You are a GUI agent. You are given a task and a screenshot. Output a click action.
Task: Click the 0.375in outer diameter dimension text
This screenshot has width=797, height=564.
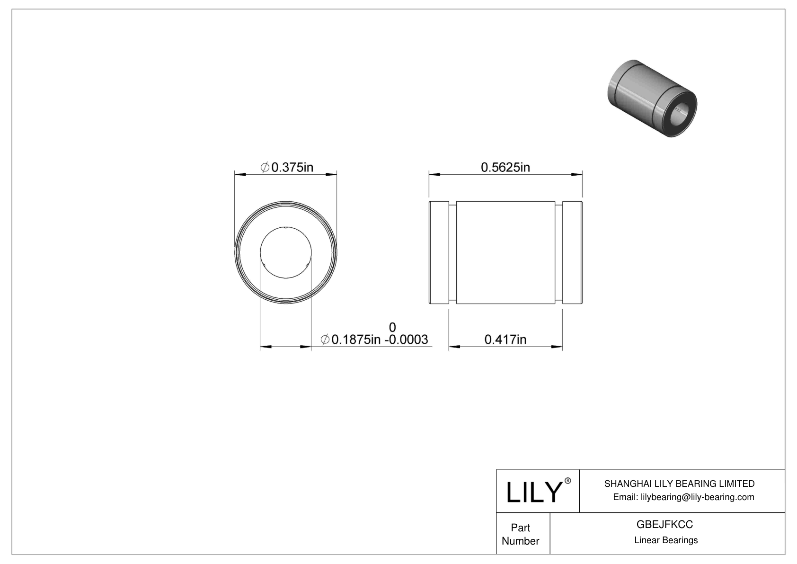[292, 167]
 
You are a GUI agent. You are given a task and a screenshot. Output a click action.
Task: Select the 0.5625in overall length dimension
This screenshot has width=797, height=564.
[505, 167]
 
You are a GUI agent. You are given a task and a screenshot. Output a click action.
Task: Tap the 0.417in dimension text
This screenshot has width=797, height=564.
[505, 340]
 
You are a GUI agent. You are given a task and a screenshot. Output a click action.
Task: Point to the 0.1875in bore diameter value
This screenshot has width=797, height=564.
[356, 340]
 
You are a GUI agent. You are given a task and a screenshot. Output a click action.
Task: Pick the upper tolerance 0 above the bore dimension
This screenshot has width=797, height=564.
[392, 327]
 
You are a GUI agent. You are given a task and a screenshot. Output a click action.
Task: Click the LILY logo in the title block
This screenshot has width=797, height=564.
[533, 492]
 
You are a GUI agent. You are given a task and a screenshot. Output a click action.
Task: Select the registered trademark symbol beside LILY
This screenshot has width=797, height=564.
[568, 481]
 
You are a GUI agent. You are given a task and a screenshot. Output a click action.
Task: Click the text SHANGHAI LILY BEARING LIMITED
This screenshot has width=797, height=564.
[679, 483]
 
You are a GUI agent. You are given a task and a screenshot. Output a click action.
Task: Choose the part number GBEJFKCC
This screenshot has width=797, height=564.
[664, 524]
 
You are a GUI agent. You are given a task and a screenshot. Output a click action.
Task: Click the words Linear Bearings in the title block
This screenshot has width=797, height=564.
[665, 540]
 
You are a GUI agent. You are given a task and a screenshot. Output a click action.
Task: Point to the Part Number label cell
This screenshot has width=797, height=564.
[521, 534]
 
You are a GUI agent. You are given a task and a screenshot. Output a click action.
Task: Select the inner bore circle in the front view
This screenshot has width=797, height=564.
[286, 252]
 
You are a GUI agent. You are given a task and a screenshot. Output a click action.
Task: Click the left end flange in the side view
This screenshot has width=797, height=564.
[439, 252]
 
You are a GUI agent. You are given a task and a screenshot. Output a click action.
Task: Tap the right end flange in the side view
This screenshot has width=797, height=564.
[572, 252]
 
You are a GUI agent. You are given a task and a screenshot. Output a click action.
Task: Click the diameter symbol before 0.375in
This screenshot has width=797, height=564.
[265, 167]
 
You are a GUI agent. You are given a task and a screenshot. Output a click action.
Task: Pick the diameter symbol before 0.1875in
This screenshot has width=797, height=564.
[325, 340]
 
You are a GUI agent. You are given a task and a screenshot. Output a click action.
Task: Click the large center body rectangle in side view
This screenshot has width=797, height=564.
[505, 252]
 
